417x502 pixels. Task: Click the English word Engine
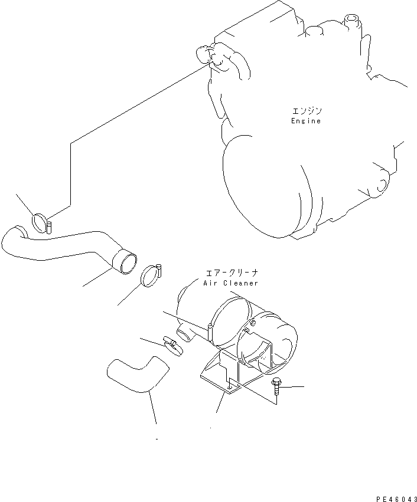pos(306,121)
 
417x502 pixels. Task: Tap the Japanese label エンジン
pos(307,111)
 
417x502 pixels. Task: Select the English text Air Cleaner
pos(231,283)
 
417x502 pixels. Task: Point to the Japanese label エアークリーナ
pos(232,273)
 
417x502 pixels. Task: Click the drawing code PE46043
pos(396,499)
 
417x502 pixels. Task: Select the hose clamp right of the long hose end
pos(152,275)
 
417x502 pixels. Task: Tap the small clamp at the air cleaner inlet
pos(173,346)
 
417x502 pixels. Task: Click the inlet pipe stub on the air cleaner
pos(185,334)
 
